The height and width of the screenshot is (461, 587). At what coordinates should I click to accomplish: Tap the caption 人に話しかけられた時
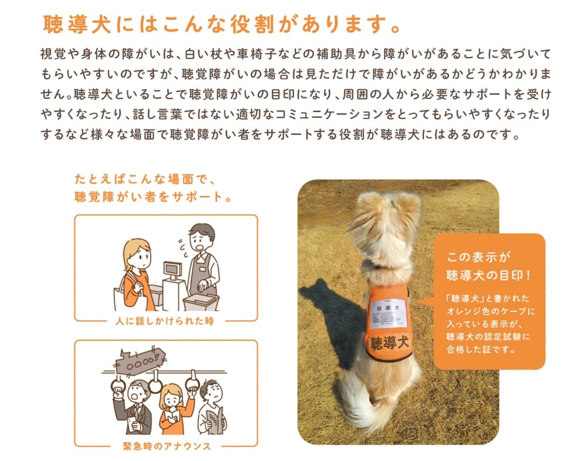[166, 321]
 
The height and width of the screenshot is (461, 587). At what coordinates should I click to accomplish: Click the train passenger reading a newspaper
[210, 406]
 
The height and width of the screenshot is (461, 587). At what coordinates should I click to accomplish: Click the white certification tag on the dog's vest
[387, 313]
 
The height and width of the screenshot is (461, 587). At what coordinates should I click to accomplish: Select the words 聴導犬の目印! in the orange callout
[488, 274]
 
